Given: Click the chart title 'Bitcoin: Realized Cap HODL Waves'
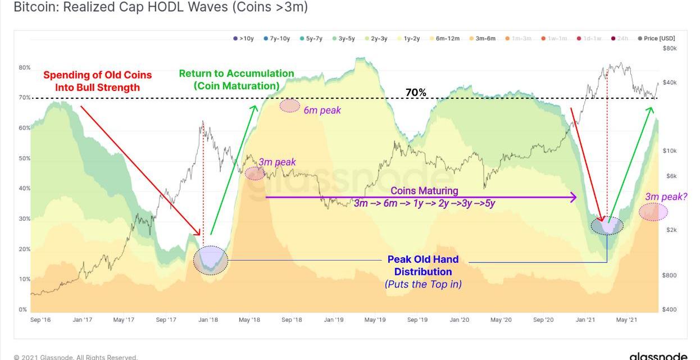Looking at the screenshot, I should (160, 7).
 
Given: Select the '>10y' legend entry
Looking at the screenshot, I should (244, 38).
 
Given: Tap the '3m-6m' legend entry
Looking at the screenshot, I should (482, 38).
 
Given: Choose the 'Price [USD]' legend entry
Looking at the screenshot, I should (657, 38).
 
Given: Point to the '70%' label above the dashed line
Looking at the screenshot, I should (416, 92).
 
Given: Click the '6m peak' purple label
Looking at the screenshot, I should (322, 110).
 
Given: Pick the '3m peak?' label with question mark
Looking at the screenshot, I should (666, 197).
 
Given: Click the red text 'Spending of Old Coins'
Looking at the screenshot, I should (97, 75).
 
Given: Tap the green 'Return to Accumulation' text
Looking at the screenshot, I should (237, 74).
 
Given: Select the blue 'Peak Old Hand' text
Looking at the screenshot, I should (423, 259).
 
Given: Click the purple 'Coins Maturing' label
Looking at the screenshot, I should (424, 191).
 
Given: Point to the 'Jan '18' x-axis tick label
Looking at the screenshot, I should (208, 320).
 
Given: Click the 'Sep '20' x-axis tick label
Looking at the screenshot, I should (543, 320).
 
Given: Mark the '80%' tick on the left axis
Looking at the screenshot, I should (25, 67).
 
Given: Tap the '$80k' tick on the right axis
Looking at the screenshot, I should (669, 48).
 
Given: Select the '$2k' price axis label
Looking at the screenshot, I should (671, 230).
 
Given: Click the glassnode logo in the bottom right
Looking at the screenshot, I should (658, 356).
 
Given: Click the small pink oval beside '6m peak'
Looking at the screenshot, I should (290, 106).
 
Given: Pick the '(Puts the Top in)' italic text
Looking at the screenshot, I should (423, 284).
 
